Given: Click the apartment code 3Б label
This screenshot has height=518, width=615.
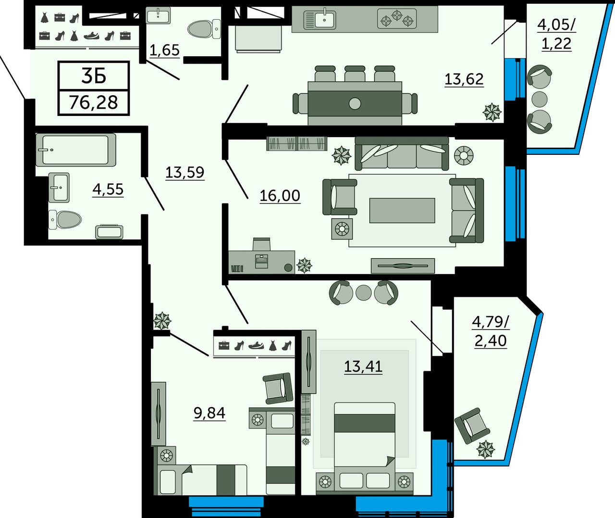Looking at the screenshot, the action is tap(94, 76).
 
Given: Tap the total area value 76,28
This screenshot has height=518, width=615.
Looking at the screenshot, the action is tap(94, 102).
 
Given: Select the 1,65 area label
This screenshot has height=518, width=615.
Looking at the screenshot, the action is tap(164, 50).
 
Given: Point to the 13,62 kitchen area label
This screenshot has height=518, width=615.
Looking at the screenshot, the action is tap(464, 79).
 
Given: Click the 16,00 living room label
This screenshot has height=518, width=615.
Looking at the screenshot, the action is tap(280, 195).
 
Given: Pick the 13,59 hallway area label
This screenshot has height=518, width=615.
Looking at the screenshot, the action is tap(184, 172).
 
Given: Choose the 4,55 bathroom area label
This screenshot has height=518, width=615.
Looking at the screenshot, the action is tap(108, 190).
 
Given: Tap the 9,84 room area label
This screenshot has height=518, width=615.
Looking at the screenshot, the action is tap(209, 413).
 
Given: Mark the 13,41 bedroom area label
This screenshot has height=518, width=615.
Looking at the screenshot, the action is tap(363, 366).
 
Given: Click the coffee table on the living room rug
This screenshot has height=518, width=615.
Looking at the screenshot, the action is tap(402, 211).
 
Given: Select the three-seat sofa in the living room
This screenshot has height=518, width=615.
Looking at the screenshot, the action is tap(402, 153).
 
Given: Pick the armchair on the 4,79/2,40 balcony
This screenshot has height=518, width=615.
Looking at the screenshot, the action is tap(472, 426).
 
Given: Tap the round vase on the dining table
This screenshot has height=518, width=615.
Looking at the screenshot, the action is tap(355, 103).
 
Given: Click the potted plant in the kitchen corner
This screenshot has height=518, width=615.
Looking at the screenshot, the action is tap(492, 112).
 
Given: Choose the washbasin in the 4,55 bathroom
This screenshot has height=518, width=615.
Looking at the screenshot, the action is tap(59, 188).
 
